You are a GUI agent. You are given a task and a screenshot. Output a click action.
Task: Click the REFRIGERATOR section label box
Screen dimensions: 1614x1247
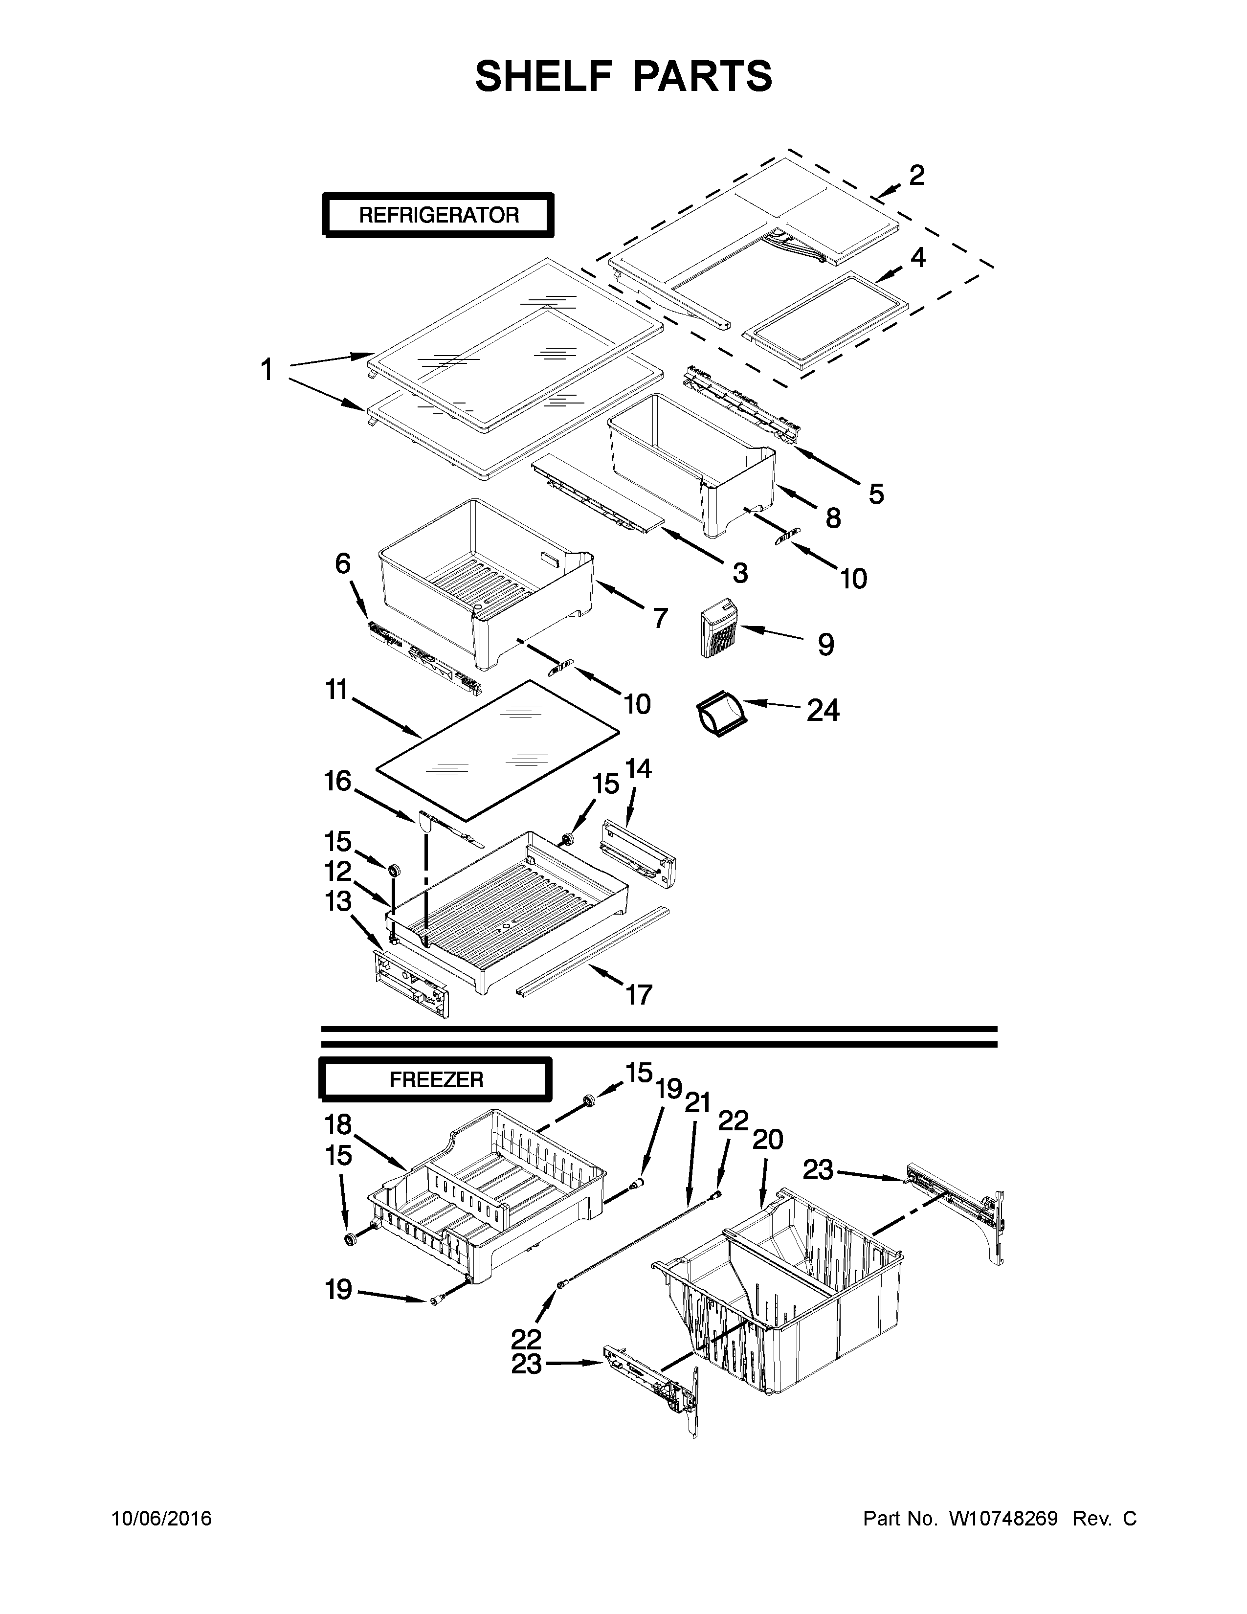point(438,215)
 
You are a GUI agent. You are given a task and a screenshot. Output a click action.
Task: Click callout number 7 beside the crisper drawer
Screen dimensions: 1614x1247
point(660,617)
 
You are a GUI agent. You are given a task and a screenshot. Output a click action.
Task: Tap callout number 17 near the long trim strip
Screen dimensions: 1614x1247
point(639,995)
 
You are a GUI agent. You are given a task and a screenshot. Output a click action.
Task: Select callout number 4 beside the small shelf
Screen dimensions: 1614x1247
point(917,257)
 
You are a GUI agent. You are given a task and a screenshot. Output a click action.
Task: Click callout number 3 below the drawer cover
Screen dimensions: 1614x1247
point(739,572)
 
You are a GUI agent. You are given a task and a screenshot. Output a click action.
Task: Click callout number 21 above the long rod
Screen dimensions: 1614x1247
point(697,1103)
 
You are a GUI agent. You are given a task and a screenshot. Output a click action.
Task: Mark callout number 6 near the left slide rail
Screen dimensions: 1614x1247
point(343,564)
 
